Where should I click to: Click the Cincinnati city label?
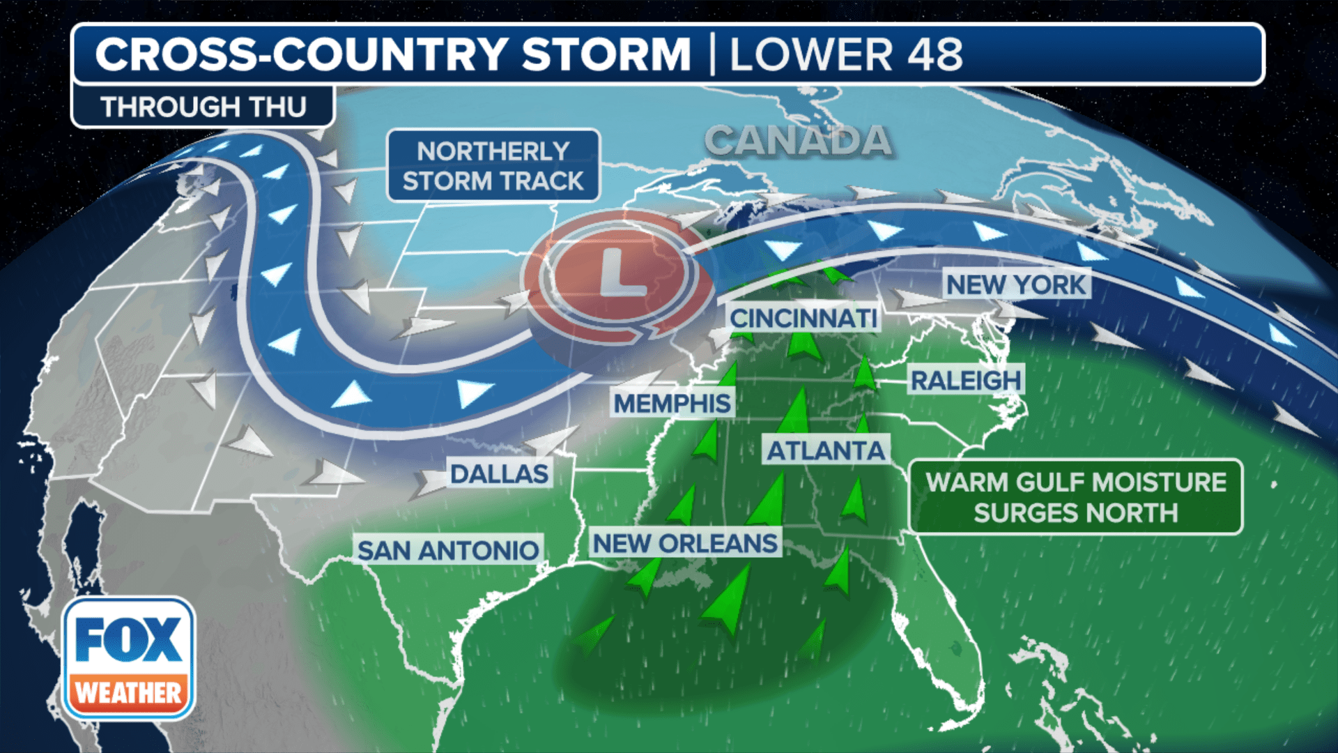click(x=803, y=319)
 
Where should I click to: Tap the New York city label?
click(x=1016, y=284)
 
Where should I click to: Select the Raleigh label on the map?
click(x=966, y=381)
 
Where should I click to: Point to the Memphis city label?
click(x=672, y=403)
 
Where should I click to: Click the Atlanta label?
click(x=826, y=451)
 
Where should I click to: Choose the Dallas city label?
click(x=499, y=474)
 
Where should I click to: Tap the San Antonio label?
click(x=448, y=550)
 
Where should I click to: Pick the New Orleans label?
click(x=685, y=543)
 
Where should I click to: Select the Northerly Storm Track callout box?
click(x=493, y=166)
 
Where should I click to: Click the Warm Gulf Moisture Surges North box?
click(x=1075, y=497)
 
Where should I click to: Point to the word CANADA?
click(x=798, y=141)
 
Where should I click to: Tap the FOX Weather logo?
click(x=129, y=658)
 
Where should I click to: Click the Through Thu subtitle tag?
click(x=203, y=107)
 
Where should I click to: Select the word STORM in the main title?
click(x=606, y=54)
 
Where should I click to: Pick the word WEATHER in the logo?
click(x=129, y=693)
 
